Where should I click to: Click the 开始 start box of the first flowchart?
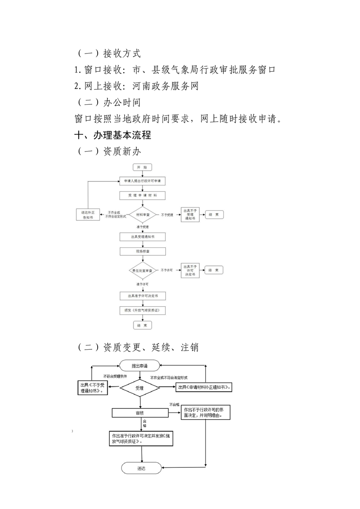[142, 167]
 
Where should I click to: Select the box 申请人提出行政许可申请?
[142, 181]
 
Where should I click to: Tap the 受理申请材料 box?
[142, 196]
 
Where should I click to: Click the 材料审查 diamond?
[142, 214]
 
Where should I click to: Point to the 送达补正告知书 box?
[88, 215]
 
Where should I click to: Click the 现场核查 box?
[142, 251]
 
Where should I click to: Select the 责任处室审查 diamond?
[142, 270]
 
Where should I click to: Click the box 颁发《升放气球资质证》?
[142, 311]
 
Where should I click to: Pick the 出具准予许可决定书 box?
[142, 296]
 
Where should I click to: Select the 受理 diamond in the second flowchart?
[139, 388]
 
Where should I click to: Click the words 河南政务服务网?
[165, 86]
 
